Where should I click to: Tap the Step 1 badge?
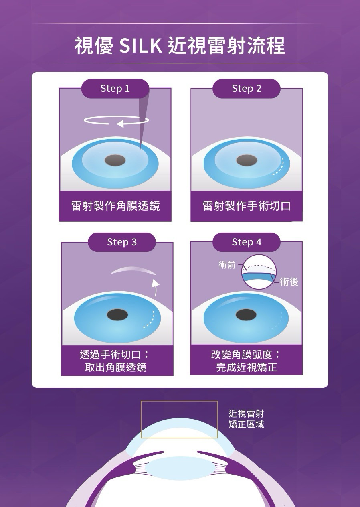115,89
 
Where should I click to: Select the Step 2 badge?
247,89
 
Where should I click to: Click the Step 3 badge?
122,242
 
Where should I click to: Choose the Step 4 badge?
247,242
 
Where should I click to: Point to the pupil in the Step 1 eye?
115,160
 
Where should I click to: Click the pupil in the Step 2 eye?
247,160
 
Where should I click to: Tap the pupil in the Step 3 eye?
117,315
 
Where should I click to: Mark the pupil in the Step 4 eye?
246,315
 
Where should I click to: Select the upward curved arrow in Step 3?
156,287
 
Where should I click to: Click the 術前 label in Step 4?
227,265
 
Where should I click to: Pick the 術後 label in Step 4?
289,282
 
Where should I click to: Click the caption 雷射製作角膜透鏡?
115,206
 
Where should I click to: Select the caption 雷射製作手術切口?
247,206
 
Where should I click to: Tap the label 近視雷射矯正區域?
246,420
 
